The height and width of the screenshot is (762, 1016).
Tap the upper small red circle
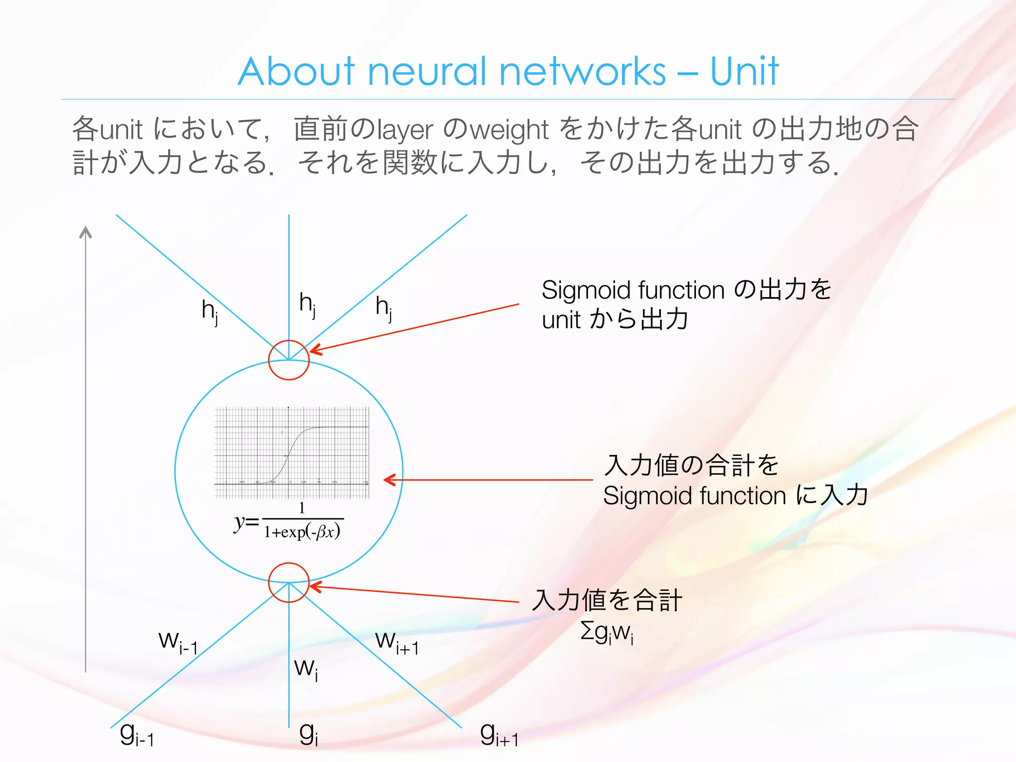[x=289, y=360]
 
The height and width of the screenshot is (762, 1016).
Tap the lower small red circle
[x=289, y=582]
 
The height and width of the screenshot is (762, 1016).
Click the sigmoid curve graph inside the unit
[x=292, y=452]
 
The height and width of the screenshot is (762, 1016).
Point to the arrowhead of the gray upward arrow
[x=86, y=231]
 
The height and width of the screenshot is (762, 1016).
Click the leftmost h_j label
[x=210, y=312]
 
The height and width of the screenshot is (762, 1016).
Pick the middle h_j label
[x=308, y=304]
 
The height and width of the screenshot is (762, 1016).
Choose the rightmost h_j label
[x=384, y=308]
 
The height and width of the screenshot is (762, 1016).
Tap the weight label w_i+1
[x=397, y=642]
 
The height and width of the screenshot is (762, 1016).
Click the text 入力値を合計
[x=607, y=600]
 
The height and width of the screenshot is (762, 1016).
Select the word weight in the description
[x=509, y=130]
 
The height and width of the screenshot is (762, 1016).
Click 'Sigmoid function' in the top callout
[x=633, y=290]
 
